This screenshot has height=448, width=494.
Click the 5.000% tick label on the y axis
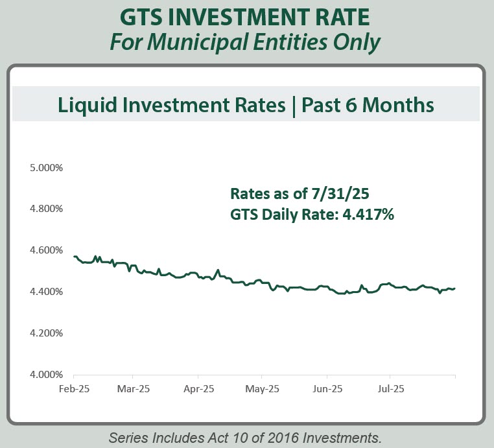(45, 167)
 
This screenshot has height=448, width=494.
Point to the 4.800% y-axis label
(45, 209)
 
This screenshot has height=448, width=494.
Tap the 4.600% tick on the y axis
(45, 250)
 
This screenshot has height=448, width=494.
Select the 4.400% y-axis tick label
(45, 292)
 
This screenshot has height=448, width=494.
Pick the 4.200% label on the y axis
(45, 333)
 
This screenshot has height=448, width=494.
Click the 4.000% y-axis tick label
(45, 375)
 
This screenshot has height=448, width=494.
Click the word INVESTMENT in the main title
(248, 16)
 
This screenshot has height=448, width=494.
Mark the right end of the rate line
(455, 289)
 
